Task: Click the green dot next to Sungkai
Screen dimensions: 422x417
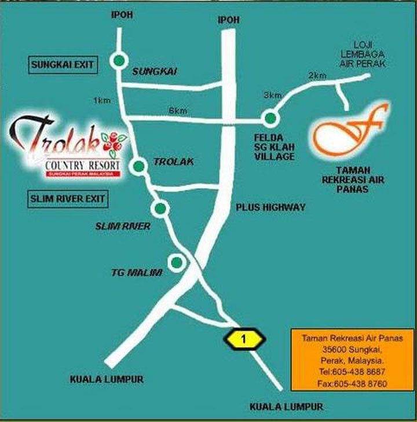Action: coord(119,60)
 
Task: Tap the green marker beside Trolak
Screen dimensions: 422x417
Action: coord(138,167)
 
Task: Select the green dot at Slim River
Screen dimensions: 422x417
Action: coord(160,208)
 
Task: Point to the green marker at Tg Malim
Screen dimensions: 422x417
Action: coord(177,262)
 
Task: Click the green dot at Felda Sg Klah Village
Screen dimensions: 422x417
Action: coord(270,119)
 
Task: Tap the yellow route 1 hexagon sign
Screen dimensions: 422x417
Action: coord(244,340)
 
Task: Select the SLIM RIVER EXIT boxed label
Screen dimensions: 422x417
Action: coord(67,199)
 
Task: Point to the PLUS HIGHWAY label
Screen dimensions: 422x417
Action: coord(270,207)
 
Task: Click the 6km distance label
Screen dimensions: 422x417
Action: coord(177,111)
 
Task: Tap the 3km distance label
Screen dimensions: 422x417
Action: coord(272,95)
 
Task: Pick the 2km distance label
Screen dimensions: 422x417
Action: coord(317,76)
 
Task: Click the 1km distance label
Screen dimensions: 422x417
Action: coord(101,101)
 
